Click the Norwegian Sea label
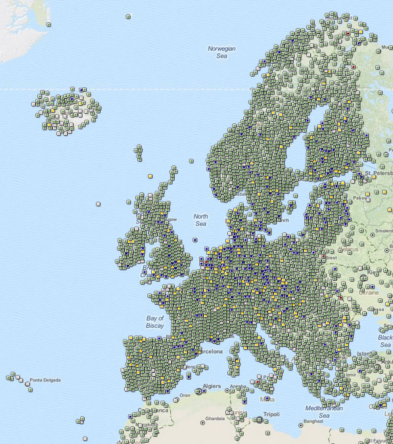[x=221, y=53]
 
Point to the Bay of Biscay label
[x=154, y=322]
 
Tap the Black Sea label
[x=385, y=341]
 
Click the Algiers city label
[x=212, y=386]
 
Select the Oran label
[x=185, y=395]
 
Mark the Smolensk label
[x=382, y=232]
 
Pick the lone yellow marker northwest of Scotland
[x=150, y=176]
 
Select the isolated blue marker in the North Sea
[x=195, y=240]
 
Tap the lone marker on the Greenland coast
[x=49, y=24]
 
